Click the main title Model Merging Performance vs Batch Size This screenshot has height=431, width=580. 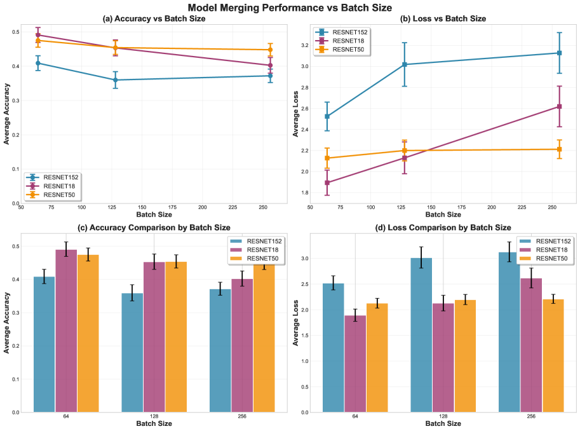tap(290, 7)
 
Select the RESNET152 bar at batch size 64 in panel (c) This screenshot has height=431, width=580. tap(44, 344)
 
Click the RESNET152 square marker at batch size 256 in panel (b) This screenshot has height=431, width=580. tap(558, 53)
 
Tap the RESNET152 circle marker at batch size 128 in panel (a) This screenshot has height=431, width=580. tap(116, 79)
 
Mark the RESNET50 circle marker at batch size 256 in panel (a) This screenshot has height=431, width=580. tap(270, 50)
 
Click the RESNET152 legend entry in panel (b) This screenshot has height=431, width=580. tap(350, 32)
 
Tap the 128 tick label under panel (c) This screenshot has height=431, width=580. tap(154, 416)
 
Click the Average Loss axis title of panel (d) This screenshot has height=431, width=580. tap(296, 324)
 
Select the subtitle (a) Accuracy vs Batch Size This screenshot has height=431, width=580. tap(154, 18)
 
